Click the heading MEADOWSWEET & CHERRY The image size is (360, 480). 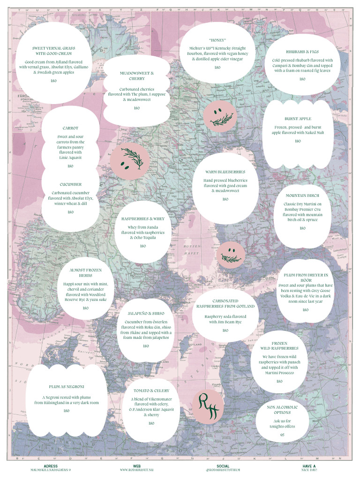pyautogui.click(x=136, y=76)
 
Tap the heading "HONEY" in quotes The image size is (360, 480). pyautogui.click(x=217, y=40)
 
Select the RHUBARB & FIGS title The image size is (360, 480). pyautogui.click(x=302, y=52)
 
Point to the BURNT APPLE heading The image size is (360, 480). pyautogui.click(x=298, y=119)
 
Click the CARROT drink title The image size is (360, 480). pyautogui.click(x=70, y=128)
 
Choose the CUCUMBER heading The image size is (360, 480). pyautogui.click(x=70, y=185)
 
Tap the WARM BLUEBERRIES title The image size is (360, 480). pyautogui.click(x=225, y=172)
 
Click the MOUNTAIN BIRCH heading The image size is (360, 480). pyautogui.click(x=302, y=195)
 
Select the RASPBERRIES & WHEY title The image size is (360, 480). pyautogui.click(x=143, y=219)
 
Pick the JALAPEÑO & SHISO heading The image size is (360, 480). pyautogui.click(x=146, y=313)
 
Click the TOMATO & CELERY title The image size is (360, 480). pyautogui.click(x=151, y=390)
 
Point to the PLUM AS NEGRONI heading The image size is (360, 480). pyautogui.click(x=67, y=387)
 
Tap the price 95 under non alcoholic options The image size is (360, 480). pyautogui.click(x=282, y=435)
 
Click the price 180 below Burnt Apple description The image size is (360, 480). pyautogui.click(x=298, y=141)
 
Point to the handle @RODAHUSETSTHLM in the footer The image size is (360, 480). pyautogui.click(x=223, y=470)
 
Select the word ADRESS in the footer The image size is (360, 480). pyautogui.click(x=50, y=466)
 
